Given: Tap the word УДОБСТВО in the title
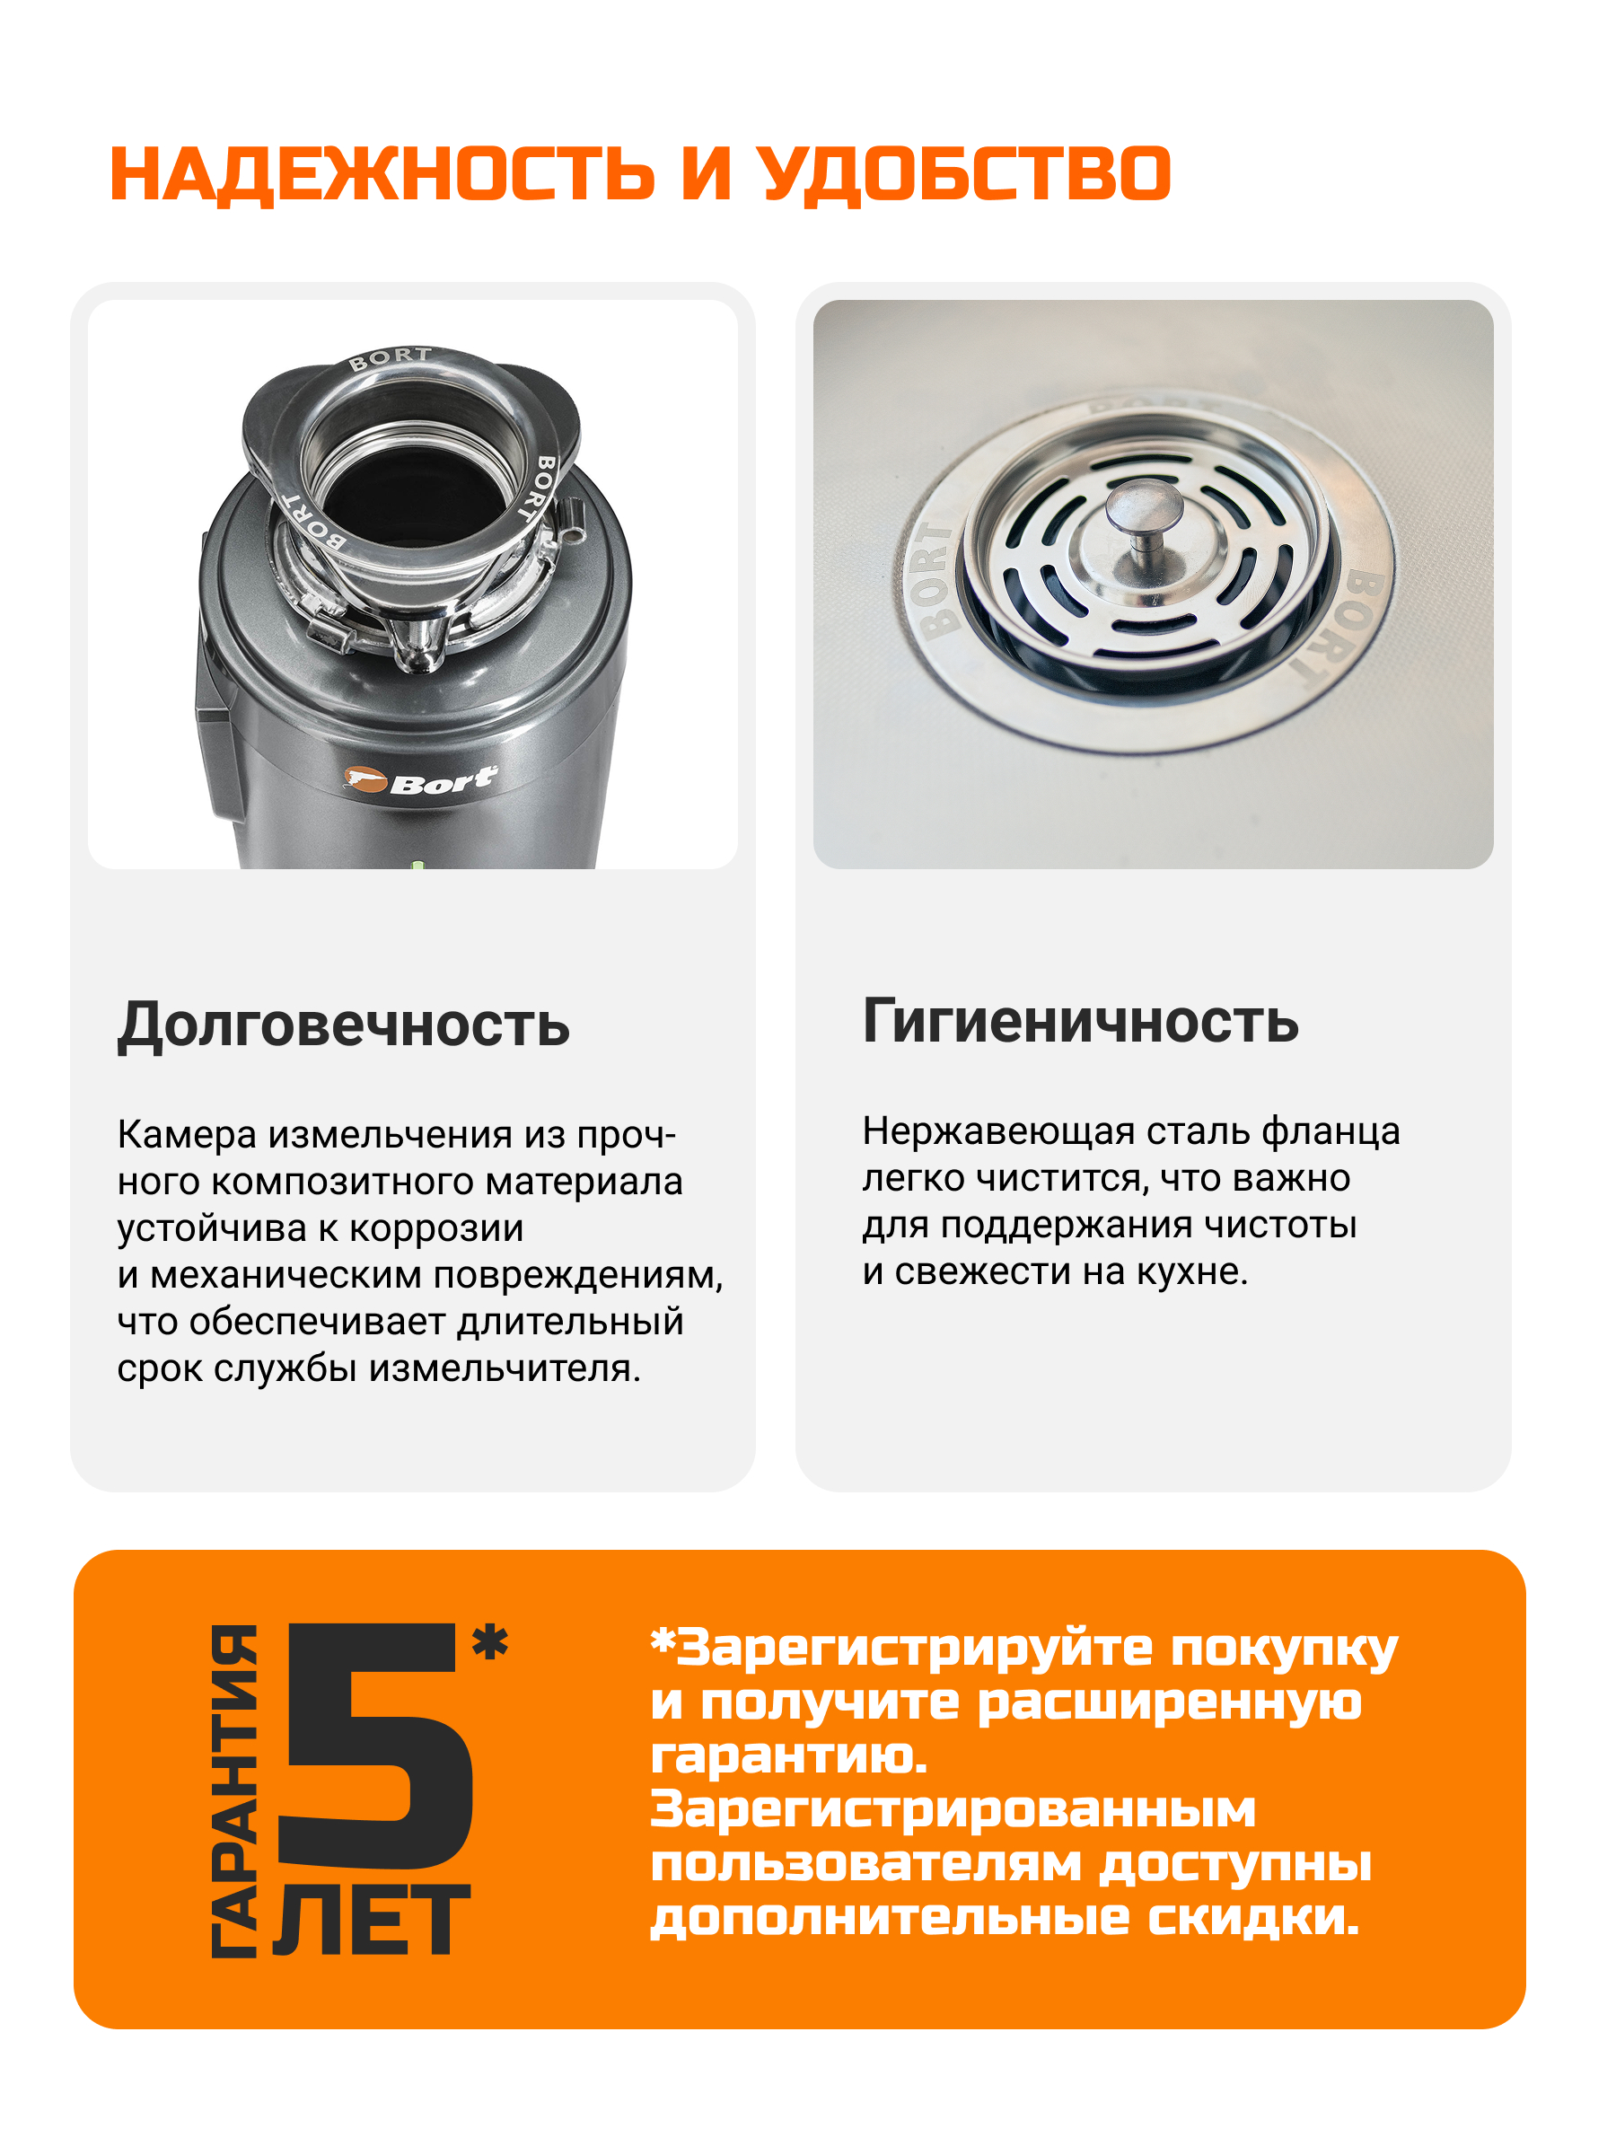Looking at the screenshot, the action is tap(964, 175).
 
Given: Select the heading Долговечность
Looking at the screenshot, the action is tap(344, 1025).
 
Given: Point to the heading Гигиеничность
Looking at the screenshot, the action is tap(1080, 1021).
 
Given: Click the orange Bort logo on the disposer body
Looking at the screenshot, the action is tap(420, 780).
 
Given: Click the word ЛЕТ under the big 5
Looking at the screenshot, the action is tap(372, 1919).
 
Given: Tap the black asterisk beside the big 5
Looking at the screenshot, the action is tap(490, 1641).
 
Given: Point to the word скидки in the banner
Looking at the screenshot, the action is tap(1252, 1918).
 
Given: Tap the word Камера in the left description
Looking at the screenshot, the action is tap(187, 1135).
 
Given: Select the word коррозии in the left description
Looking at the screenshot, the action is tap(436, 1229).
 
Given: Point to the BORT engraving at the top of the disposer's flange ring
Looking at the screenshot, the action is tap(391, 357).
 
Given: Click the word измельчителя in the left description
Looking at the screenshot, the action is tap(505, 1368).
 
